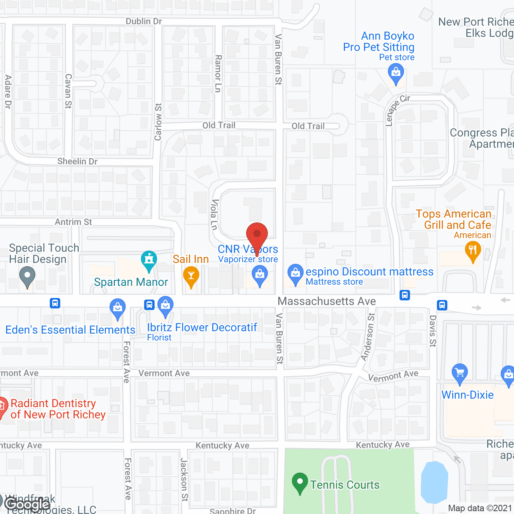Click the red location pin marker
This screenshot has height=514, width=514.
click(257, 235)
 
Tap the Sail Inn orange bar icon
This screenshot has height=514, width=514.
click(191, 276)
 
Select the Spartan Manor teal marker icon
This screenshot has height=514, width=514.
click(149, 261)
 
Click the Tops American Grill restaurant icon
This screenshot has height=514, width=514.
click(473, 251)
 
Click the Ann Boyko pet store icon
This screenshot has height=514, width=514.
click(396, 74)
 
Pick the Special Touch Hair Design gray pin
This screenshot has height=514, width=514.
click(27, 276)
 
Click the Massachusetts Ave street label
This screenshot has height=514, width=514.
click(327, 301)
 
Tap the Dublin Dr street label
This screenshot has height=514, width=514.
click(144, 21)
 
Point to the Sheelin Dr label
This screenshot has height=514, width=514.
click(78, 161)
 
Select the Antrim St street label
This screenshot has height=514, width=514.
click(73, 222)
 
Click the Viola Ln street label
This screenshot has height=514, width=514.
click(214, 215)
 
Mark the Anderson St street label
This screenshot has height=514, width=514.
click(368, 337)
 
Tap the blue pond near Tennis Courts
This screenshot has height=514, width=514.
click(434, 482)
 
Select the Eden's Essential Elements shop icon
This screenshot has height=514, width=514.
click(118, 308)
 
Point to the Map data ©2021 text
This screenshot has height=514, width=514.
click(480, 508)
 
